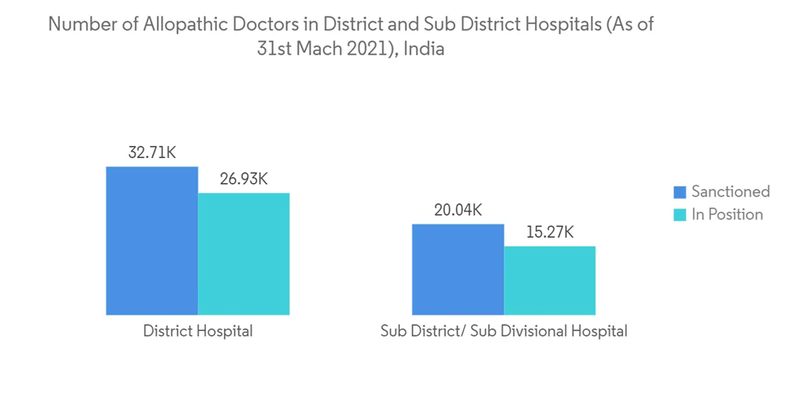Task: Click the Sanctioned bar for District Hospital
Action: click(x=151, y=241)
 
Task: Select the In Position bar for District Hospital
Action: click(x=244, y=253)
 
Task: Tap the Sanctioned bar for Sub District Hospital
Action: click(x=458, y=269)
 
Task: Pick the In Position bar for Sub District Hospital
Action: click(x=550, y=280)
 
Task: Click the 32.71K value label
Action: click(x=151, y=153)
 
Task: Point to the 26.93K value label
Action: click(x=244, y=179)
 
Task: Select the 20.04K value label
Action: click(x=458, y=210)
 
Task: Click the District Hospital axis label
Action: click(x=198, y=332)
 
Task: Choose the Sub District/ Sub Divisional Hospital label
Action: click(x=503, y=332)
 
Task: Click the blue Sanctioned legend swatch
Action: click(x=679, y=192)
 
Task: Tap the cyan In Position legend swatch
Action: click(x=679, y=215)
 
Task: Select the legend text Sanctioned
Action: click(x=731, y=192)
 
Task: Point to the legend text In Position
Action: click(x=727, y=215)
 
